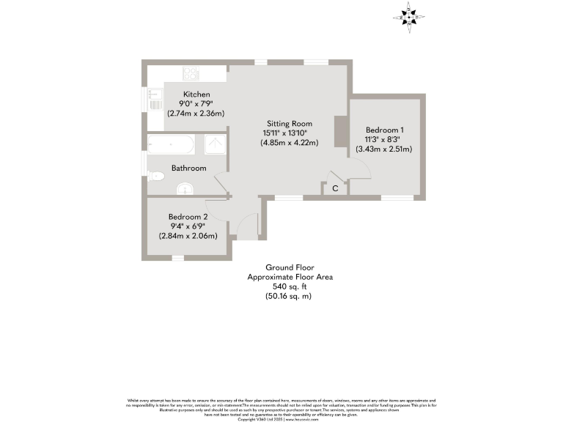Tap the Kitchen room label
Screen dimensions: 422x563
click(x=196, y=95)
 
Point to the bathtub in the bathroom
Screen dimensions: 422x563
click(x=172, y=144)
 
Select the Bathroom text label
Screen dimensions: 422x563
click(x=188, y=168)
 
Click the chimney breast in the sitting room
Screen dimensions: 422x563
click(x=339, y=132)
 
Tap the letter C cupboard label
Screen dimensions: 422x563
click(x=335, y=189)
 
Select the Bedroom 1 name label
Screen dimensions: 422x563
click(x=384, y=130)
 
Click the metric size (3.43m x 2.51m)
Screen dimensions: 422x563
click(x=384, y=149)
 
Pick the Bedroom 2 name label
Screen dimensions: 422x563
click(x=188, y=217)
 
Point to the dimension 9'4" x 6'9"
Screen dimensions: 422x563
click(x=188, y=226)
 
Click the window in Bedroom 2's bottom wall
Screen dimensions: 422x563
click(x=177, y=258)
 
